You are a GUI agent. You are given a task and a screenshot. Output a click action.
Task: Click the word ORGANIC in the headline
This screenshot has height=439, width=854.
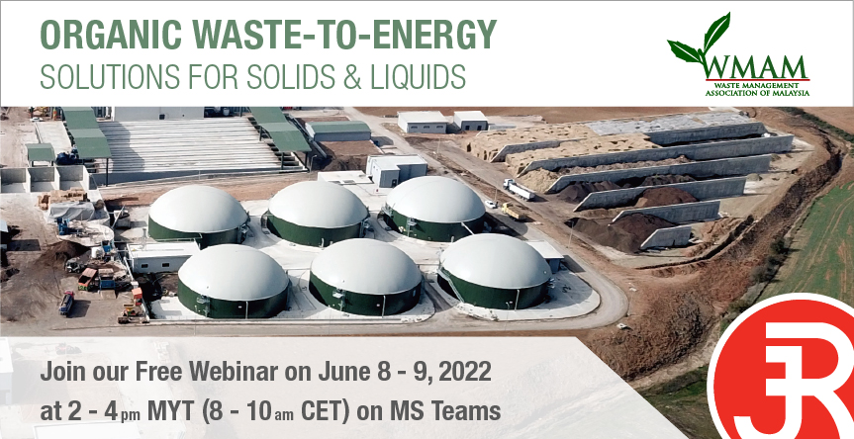click(112, 35)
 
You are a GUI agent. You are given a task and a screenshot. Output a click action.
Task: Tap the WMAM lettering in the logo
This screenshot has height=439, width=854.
click(755, 68)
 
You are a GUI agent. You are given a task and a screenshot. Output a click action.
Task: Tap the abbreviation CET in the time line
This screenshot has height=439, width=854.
click(325, 411)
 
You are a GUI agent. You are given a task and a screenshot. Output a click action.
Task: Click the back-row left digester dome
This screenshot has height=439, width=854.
click(198, 214)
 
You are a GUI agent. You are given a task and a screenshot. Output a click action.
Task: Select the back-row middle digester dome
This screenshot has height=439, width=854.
click(318, 213)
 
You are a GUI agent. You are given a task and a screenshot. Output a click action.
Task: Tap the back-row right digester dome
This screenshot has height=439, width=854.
click(434, 208)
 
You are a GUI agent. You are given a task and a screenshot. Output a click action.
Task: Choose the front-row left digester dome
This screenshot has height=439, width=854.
click(233, 280)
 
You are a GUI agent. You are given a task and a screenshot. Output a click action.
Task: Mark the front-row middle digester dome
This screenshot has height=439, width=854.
click(365, 277)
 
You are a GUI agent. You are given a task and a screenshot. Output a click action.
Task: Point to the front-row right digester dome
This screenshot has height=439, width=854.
click(495, 270)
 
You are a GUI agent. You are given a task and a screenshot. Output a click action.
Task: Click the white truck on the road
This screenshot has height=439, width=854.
click(520, 189)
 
